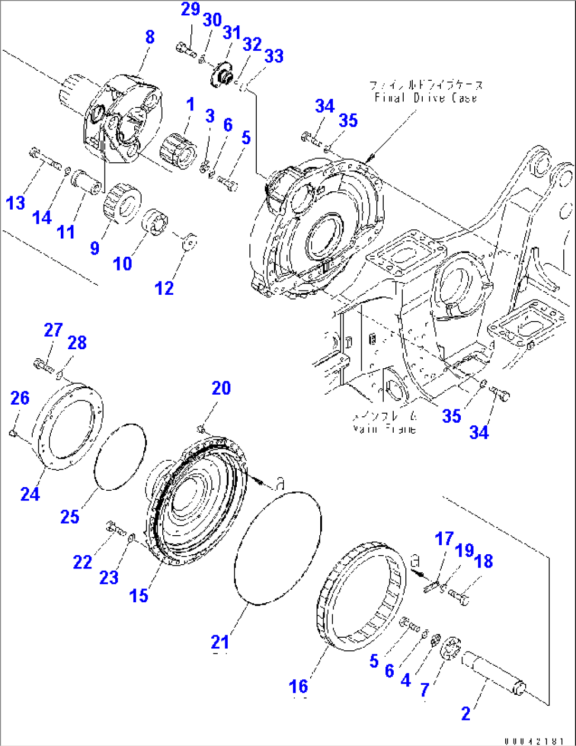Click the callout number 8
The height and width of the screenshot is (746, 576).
tap(150, 37)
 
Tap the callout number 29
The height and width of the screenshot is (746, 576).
tap(190, 10)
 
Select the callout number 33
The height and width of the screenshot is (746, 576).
tap(274, 56)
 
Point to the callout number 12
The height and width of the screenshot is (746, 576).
tap(164, 288)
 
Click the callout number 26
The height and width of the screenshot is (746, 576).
tap(20, 398)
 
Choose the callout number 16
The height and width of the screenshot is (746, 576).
tap(299, 686)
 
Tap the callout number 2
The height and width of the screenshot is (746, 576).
tap(466, 714)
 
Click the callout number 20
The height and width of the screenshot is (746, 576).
tap(221, 388)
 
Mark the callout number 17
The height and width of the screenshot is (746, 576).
tap(444, 539)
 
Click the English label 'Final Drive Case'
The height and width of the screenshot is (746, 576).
tap(425, 98)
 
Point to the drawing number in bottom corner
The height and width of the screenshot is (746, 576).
tap(534, 741)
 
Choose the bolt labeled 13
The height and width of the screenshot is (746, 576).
tap(45, 159)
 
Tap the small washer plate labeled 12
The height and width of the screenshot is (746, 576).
tap(189, 241)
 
